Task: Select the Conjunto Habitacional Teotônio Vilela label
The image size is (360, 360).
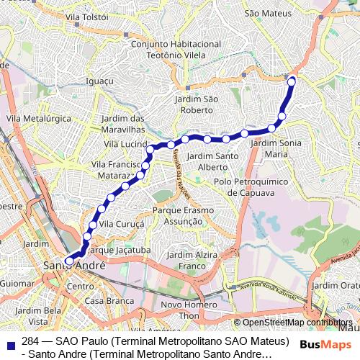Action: click(x=176, y=50)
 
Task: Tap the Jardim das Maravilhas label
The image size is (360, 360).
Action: click(x=124, y=123)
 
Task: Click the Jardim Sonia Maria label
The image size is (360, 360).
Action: click(x=276, y=148)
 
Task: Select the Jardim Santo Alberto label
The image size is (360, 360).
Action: click(x=213, y=161)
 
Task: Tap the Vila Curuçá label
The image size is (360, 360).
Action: click(x=121, y=224)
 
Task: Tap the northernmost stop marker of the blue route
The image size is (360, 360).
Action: click(x=292, y=81)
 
